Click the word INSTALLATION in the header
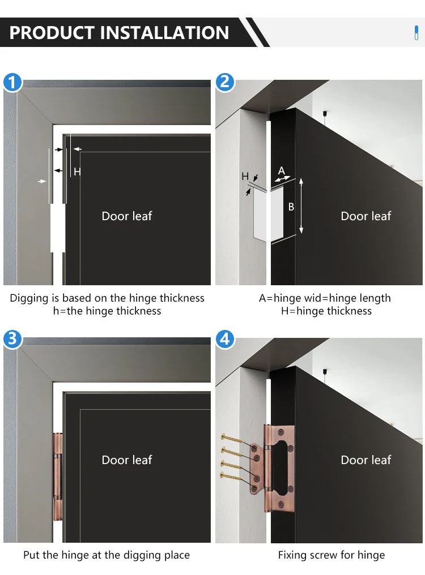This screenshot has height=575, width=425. [x=164, y=33]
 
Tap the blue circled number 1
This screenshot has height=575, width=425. [x=12, y=82]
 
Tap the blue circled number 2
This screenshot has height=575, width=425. [x=224, y=82]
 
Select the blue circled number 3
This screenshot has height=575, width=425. [x=12, y=339]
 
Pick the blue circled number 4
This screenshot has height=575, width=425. [x=224, y=339]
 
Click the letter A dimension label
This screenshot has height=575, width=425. [x=282, y=170]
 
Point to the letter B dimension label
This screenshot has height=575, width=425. [x=291, y=207]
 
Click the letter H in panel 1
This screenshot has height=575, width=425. [x=76, y=171]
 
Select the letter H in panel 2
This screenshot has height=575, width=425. [x=245, y=177]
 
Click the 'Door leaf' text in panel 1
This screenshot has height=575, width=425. [x=127, y=216]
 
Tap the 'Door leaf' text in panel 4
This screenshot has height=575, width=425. [x=366, y=460]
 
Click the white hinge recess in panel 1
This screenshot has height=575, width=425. [x=58, y=228]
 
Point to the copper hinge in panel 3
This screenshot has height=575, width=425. [x=58, y=477]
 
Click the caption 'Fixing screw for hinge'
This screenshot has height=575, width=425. [x=331, y=555]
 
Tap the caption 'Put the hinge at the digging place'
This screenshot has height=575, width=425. [x=107, y=555]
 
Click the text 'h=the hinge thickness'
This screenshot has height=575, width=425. [x=107, y=311]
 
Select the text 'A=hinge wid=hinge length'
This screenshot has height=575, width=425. [x=325, y=298]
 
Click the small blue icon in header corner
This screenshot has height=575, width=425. [x=416, y=33]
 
